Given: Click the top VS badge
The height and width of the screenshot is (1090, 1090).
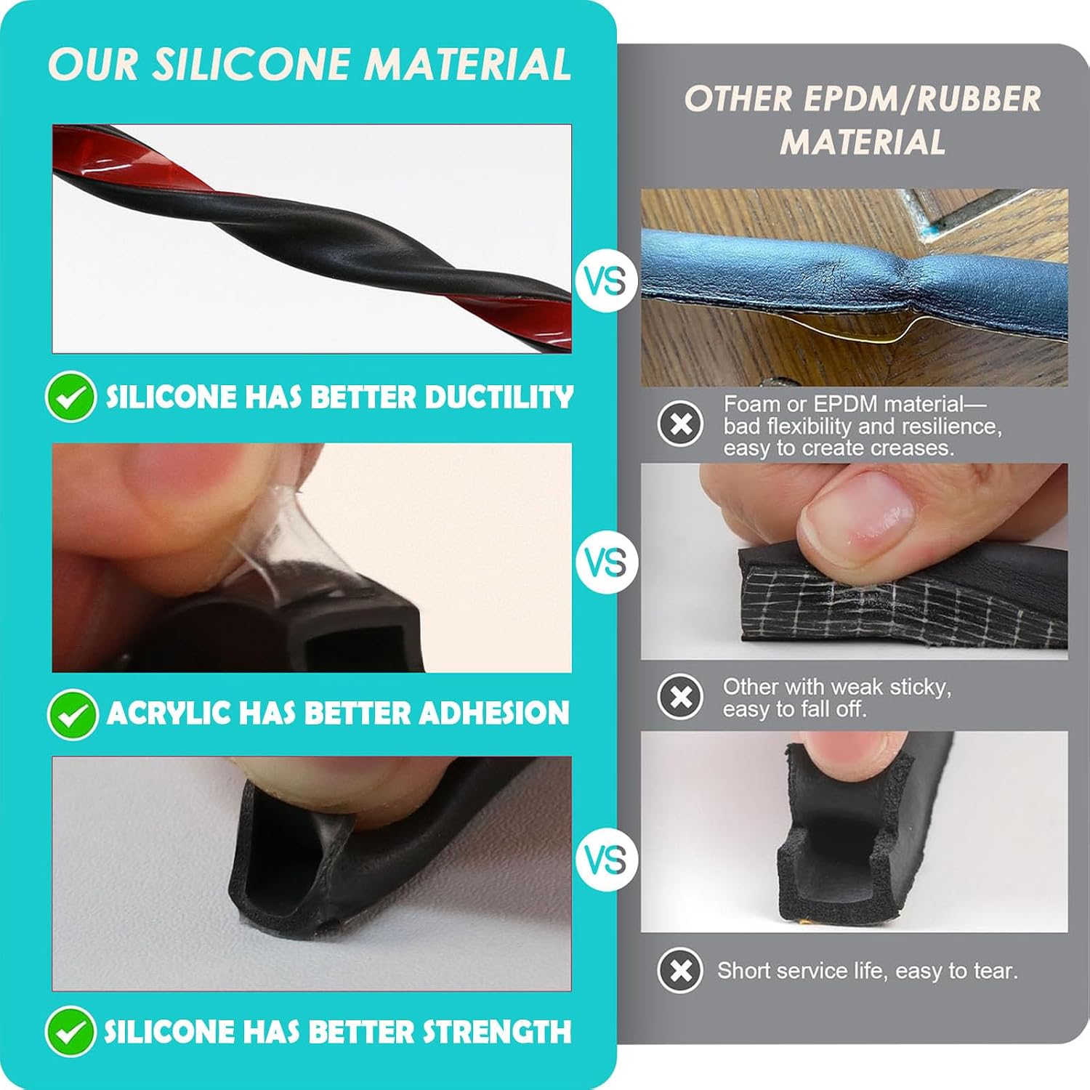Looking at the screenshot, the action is coord(606,281).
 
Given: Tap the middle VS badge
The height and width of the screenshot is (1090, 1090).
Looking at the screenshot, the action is coord(606,562).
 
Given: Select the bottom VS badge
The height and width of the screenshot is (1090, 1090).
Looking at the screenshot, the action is coord(606,860).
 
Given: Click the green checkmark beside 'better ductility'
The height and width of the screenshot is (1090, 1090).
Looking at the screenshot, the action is coord(70,397).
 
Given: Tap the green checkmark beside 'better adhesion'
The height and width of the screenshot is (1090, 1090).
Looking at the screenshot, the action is coord(72,714).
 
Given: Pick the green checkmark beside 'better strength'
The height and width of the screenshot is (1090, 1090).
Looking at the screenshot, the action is coord(70,1031).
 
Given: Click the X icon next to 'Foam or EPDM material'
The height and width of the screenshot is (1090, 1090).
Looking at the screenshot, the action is coord(680,423).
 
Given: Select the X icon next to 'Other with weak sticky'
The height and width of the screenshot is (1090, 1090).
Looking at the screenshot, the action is coord(680,696).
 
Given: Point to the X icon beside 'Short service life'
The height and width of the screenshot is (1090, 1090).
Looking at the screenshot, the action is coord(680,970).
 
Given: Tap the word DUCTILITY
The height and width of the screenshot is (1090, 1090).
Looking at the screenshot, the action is coord(499,397).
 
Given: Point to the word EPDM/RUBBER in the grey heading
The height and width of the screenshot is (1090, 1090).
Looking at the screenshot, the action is coord(922,99).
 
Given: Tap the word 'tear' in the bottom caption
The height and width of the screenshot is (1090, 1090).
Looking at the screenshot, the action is coord(997,971).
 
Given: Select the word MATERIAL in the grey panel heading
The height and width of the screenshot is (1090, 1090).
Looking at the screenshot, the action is coord(863,142).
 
